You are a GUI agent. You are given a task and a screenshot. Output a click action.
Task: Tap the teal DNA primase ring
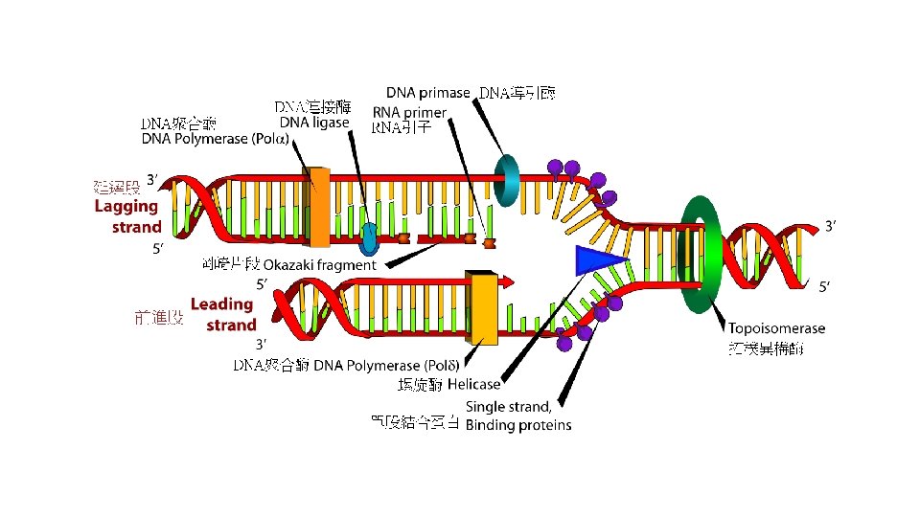[x=506, y=177]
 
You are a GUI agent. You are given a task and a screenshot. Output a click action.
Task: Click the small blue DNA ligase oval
[x=371, y=233]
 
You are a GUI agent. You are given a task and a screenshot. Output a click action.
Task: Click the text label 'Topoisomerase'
[x=777, y=328]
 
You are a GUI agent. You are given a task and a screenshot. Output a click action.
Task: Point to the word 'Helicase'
[x=473, y=384]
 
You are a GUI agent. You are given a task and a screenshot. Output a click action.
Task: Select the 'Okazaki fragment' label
[x=319, y=264]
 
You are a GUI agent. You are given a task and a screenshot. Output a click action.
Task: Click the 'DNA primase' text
[x=427, y=93]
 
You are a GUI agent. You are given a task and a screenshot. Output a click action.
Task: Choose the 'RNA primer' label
[x=409, y=112]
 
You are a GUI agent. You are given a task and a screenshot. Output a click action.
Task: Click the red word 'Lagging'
[x=126, y=206]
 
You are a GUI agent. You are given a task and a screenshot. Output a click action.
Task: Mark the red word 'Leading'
[x=221, y=303]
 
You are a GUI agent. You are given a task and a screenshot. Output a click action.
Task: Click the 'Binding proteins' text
[x=518, y=425]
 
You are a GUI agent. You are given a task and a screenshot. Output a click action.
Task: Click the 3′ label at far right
[x=835, y=227]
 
